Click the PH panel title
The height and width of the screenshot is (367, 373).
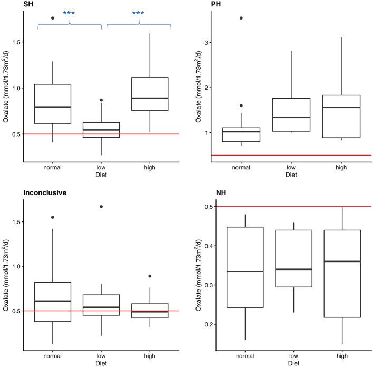(216, 5)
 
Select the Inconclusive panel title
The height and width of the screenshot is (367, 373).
(45, 192)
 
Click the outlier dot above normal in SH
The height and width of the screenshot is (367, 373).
(53, 18)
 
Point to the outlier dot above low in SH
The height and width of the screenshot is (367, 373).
(101, 100)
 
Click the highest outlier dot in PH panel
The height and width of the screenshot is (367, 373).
(241, 18)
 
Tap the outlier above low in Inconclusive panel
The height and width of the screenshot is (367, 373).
(101, 206)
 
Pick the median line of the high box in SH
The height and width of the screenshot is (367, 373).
(149, 98)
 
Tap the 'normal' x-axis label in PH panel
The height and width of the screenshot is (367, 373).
(241, 168)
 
